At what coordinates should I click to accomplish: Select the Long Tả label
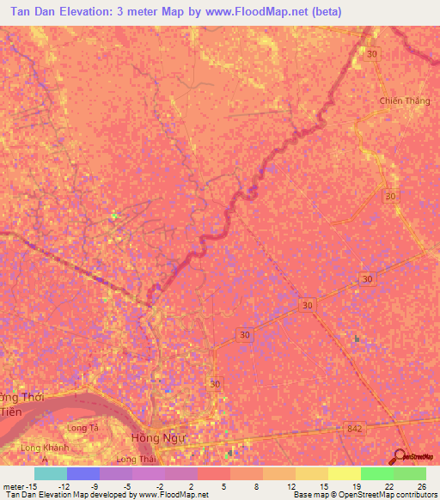pyautogui.click(x=83, y=427)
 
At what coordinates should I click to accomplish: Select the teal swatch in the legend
pyautogui.click(x=50, y=473)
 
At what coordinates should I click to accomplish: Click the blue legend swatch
pyautogui.click(x=82, y=473)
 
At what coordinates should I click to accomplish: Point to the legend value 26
pyautogui.click(x=420, y=485)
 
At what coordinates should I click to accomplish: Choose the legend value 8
pyautogui.click(x=257, y=485)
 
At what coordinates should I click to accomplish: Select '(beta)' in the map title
pyautogui.click(x=327, y=12)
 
